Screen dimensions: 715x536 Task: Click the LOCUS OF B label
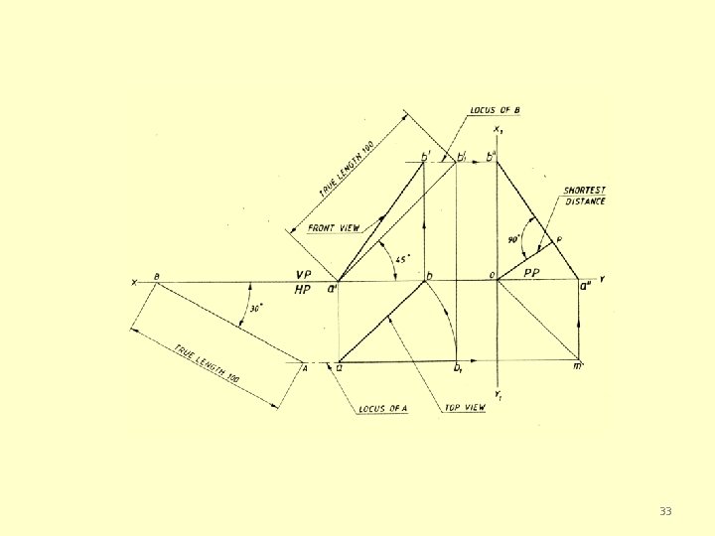point(496,109)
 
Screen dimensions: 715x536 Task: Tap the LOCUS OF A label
point(382,409)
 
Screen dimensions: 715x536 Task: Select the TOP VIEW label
point(465,408)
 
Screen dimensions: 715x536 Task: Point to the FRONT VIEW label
point(334,227)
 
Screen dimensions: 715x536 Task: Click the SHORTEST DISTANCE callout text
point(584,196)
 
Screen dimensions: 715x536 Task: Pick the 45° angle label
point(402,259)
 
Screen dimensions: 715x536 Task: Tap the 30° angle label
point(255,309)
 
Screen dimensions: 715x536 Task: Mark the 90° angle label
point(513,239)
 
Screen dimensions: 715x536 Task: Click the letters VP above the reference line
point(304,274)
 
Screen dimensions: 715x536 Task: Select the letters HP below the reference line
point(304,290)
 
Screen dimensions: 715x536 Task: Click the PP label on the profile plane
point(532,273)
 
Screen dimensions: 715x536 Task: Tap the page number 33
point(665,511)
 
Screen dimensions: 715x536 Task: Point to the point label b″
point(491,157)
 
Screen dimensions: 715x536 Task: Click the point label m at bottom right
point(579,367)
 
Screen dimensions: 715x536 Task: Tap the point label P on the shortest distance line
point(559,240)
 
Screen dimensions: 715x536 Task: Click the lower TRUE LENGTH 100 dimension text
point(208,364)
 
